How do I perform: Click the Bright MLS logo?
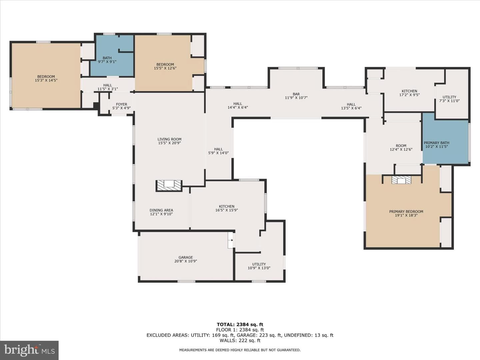(x=29, y=350)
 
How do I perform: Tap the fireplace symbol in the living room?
(x=169, y=186)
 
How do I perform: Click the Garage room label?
(x=186, y=257)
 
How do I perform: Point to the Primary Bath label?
(x=436, y=143)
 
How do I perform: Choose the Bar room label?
(x=296, y=94)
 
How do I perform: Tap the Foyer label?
(x=121, y=104)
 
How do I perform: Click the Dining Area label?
(x=161, y=210)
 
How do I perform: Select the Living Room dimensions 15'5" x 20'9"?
(x=169, y=143)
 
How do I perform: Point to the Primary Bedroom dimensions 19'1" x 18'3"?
(x=406, y=215)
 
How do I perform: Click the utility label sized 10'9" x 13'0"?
(x=259, y=266)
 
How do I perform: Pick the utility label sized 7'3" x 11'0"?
(x=449, y=99)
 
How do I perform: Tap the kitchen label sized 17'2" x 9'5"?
(x=409, y=93)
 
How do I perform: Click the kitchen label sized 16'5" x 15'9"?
(x=227, y=208)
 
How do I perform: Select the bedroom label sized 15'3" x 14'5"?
(x=46, y=78)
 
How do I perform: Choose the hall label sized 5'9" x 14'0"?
(x=218, y=151)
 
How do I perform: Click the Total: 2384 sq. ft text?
(x=240, y=324)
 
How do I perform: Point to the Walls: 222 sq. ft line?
(x=240, y=340)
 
